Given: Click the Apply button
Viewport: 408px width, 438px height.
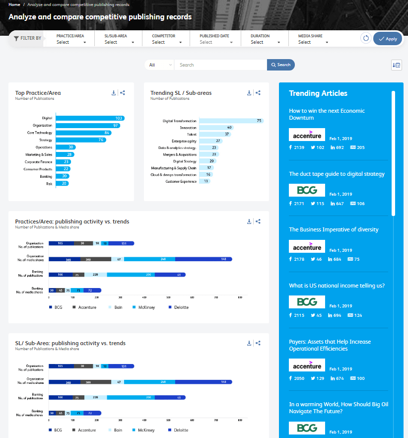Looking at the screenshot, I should [387, 39].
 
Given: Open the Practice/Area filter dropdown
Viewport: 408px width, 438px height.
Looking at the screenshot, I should [71, 42].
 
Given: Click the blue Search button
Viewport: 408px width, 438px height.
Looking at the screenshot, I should [280, 65].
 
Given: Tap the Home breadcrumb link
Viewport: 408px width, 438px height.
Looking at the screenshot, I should [14, 4].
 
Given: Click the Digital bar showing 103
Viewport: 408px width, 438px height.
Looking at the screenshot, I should [89, 118].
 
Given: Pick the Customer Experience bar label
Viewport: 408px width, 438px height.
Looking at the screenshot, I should [181, 181].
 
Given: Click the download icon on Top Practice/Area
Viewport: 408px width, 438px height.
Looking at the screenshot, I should [114, 92].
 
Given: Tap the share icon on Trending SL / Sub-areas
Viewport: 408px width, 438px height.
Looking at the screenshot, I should [258, 92].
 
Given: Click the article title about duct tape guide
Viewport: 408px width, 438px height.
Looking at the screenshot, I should [337, 174].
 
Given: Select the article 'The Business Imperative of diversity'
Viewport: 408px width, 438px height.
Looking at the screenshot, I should [334, 229].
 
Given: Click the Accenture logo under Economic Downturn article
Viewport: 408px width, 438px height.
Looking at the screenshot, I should [307, 135].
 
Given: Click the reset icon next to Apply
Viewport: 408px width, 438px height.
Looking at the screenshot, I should [366, 39].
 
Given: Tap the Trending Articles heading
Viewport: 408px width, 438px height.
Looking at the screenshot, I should [318, 93].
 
